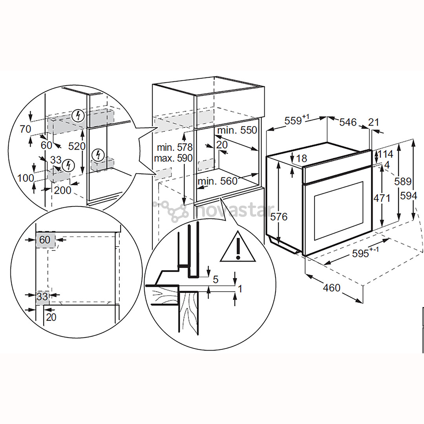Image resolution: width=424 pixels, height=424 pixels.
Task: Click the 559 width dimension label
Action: pos(302,120)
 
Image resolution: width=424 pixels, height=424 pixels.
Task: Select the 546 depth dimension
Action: pos(348,122)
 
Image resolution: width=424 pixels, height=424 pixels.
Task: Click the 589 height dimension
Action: pos(403,181)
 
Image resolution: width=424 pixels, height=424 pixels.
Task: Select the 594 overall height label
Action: pos(408,195)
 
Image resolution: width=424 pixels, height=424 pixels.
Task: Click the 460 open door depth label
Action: pos(332,288)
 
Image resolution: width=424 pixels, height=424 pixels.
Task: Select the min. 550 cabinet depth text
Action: pos(237,130)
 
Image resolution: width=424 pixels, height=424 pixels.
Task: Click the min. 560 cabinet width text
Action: pos(217,181)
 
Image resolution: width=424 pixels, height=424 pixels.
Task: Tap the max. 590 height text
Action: pos(173,159)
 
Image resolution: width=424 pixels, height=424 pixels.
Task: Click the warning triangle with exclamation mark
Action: pos(238,248)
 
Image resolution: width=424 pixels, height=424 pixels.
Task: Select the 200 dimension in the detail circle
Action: pos(62,190)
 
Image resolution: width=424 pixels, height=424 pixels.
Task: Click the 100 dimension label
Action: pos(26,178)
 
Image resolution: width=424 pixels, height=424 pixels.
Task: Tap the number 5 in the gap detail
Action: pos(215,280)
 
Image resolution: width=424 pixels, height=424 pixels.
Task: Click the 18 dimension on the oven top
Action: pos(301,159)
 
